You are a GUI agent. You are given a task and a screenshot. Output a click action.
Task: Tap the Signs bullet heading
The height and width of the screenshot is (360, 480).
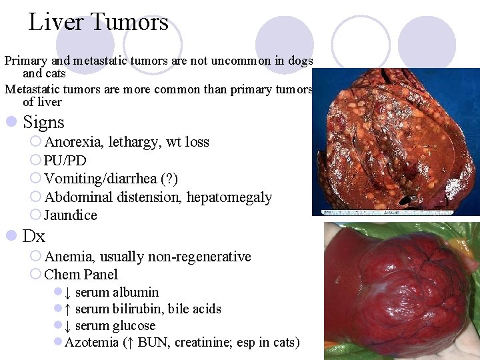point(43,122)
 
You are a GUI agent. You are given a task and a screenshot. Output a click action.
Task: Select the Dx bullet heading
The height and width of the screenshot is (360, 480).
point(34,236)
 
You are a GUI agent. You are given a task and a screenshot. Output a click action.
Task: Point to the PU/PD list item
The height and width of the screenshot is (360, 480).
point(65,161)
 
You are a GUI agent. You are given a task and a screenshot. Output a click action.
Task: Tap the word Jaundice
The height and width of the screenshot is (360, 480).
point(71,215)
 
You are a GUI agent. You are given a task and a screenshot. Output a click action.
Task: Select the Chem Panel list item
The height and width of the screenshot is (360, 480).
point(81,275)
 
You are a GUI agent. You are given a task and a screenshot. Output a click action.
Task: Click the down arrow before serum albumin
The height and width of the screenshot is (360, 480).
point(69,292)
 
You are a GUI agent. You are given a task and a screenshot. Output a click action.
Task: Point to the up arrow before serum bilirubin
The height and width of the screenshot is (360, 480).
point(69,309)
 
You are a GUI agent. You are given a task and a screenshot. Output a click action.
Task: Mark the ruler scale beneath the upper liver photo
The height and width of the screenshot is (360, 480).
point(400,212)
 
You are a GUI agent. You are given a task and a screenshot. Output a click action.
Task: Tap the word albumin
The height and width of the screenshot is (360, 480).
point(136,292)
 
